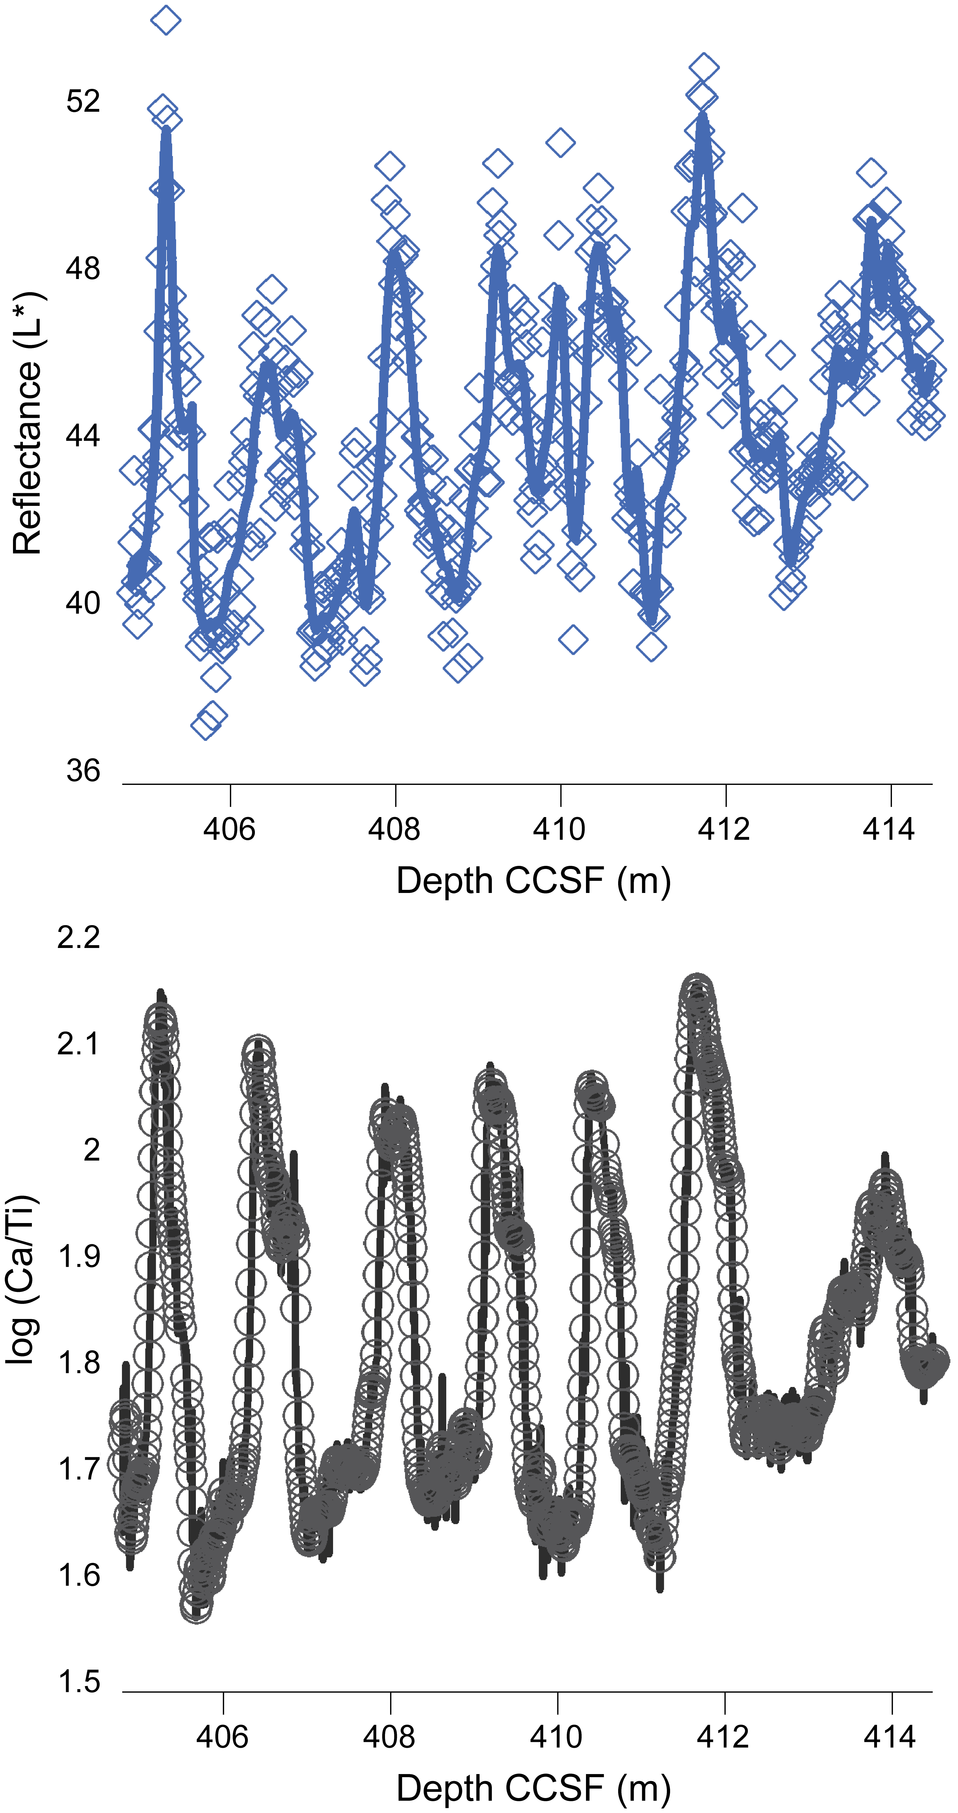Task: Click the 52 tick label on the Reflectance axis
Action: [x=83, y=101]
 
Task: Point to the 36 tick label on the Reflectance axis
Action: [x=83, y=771]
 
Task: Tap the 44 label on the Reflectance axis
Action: [x=83, y=436]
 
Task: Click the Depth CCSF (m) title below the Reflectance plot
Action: [x=533, y=881]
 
